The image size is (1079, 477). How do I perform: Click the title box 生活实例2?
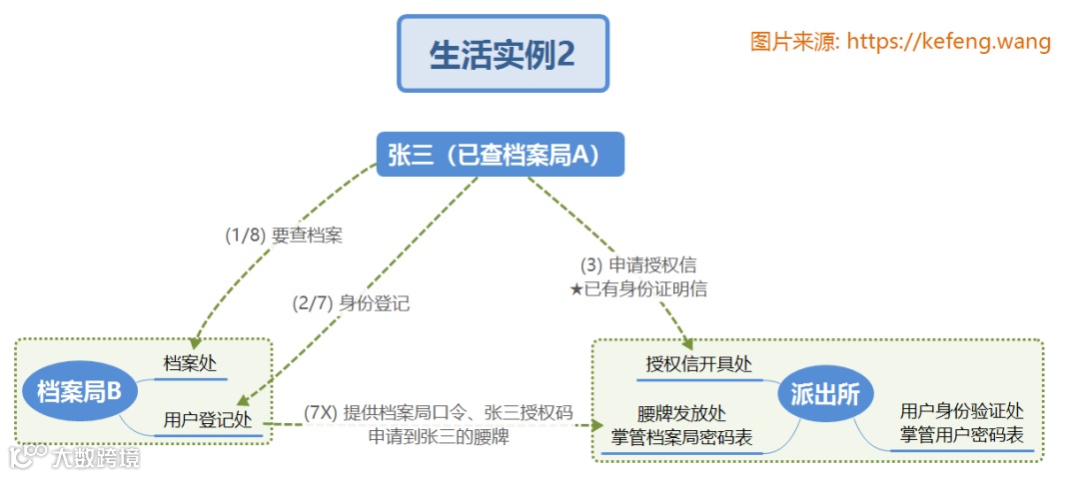503,54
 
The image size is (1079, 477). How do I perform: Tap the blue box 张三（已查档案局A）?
500,155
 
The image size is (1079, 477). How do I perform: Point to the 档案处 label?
190,364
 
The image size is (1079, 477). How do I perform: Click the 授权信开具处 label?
698,364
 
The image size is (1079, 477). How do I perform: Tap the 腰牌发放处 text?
681,413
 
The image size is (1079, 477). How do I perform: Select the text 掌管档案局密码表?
681,437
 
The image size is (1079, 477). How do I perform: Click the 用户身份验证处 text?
961,411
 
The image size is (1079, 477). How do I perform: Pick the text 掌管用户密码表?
961,435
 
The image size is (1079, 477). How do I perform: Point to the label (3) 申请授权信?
638,265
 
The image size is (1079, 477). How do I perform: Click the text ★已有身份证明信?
638,289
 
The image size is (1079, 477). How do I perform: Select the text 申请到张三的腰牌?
439,436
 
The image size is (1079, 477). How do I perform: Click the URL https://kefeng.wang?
948,42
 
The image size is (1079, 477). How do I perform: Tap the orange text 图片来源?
795,42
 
